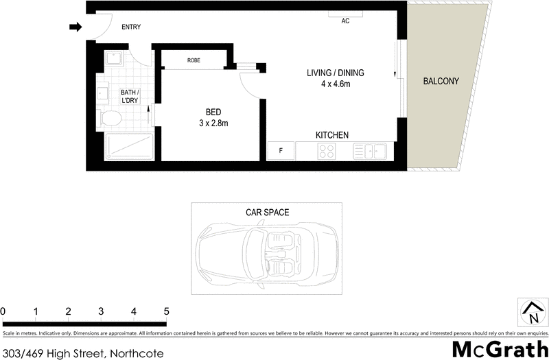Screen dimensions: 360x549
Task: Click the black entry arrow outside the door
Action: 75,27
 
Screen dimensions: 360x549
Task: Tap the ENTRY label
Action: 131,27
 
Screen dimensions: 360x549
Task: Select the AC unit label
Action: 345,21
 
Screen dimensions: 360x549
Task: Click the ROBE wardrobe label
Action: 194,60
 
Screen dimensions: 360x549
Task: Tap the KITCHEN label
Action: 332,135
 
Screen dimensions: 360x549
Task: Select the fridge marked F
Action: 281,151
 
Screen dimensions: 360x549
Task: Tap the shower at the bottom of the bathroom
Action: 129,146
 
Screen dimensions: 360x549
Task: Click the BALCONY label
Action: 441,81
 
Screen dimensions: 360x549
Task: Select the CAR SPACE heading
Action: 268,213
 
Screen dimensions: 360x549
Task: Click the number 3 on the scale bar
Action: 101,312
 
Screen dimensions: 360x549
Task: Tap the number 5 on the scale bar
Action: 165,312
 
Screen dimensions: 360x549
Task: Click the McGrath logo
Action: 500,348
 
